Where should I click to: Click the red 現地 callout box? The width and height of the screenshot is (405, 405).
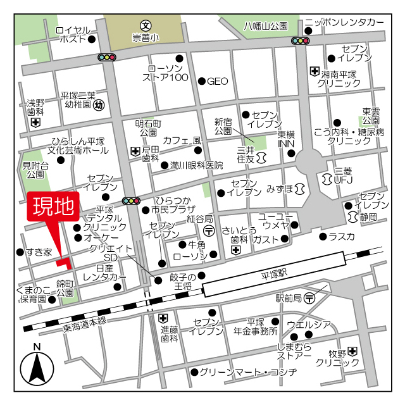pos(52,208)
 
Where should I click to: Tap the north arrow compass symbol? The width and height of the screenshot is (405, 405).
pos(37,367)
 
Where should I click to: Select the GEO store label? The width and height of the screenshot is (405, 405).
pos(217,81)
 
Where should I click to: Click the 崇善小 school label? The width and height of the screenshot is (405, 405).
pos(146,38)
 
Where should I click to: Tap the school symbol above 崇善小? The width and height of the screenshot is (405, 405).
pos(146,26)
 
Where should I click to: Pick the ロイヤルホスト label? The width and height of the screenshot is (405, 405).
pos(73,34)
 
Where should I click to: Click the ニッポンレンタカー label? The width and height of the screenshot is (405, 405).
pos(344,23)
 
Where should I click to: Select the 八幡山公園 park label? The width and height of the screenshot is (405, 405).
pos(266,27)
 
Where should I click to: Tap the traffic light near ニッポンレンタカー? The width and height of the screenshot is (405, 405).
pos(300,41)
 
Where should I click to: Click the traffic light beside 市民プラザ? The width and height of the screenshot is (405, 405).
pos(132,201)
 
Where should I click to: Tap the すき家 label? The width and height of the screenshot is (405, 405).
pos(39,252)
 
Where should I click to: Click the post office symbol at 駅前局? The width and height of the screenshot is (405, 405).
pos(309,297)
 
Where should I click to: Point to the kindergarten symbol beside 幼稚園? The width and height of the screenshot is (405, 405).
pos(99,106)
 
